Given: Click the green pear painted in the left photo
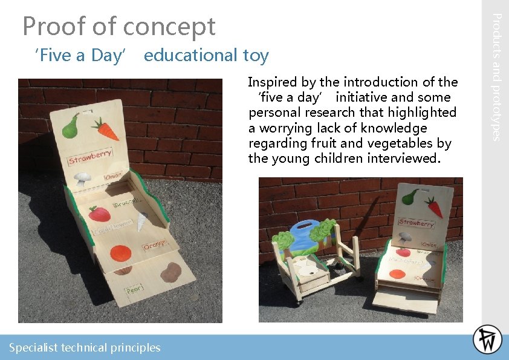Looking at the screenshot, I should tap(71, 125).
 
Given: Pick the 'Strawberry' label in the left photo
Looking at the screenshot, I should tap(91, 157).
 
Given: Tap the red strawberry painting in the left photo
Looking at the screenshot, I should tap(99, 214).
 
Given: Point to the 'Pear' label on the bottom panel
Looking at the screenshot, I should tap(134, 289).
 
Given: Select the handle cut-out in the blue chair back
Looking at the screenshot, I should tap(303, 227).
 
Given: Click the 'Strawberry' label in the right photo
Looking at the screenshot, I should tap(417, 223).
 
